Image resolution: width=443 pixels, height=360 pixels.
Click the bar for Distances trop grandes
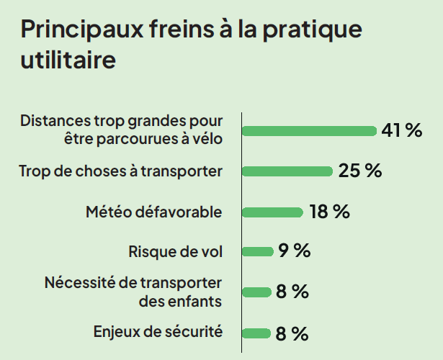(310, 130)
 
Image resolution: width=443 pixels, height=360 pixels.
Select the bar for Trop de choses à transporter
(287, 171)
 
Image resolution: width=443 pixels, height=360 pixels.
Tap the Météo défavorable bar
(272, 212)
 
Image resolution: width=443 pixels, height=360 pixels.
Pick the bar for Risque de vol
(257, 251)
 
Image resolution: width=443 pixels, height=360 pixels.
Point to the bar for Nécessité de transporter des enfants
(256, 292)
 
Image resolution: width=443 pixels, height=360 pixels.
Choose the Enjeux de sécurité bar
(256, 333)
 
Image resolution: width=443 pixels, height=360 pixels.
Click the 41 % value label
(401, 130)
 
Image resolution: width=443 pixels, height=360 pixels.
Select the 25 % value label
(359, 171)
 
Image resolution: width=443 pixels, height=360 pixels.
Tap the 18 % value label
(329, 212)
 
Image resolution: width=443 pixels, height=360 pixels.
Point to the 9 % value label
(294, 251)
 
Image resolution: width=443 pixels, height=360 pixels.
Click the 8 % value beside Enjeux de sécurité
(292, 333)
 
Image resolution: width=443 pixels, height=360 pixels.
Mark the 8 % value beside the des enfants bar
(292, 292)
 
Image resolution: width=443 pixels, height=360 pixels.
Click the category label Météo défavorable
(153, 212)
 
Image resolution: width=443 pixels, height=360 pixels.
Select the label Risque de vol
(175, 252)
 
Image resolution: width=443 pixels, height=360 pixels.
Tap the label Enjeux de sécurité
(158, 332)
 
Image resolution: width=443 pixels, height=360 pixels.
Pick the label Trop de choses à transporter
(120, 171)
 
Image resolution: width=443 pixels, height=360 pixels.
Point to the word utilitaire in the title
(68, 60)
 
